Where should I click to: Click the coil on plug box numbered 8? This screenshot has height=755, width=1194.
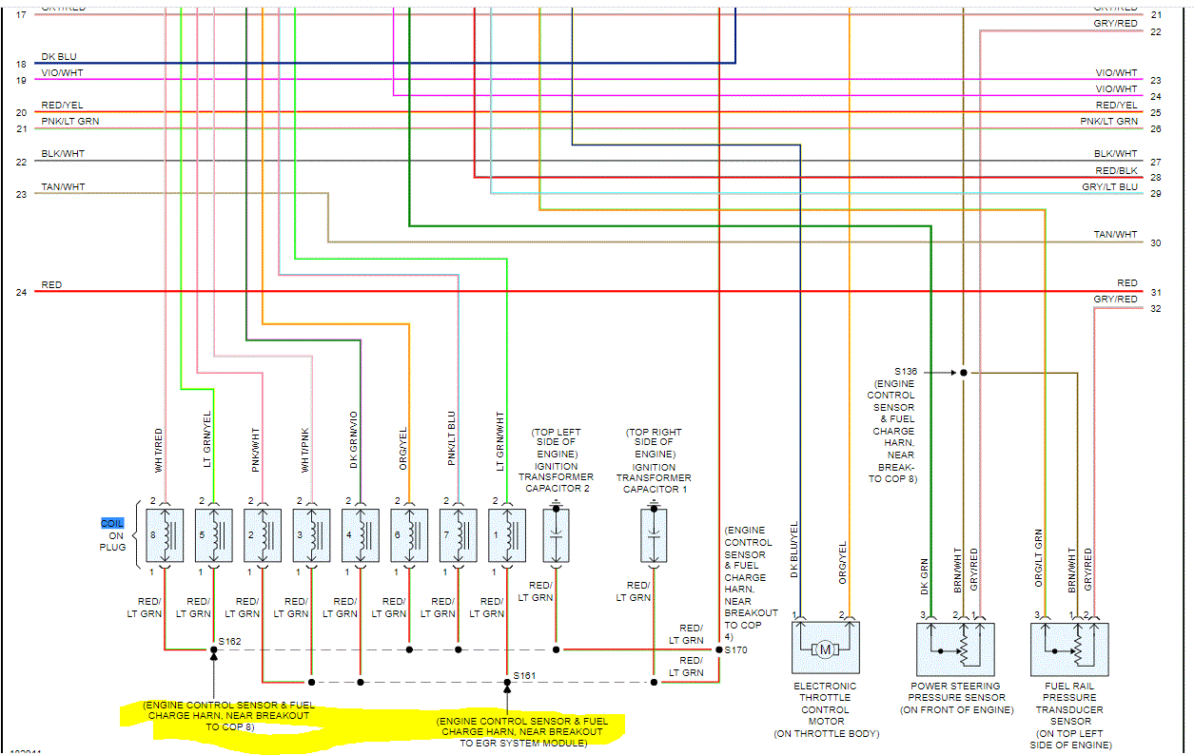point(165,535)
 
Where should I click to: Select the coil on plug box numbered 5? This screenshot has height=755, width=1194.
point(213,535)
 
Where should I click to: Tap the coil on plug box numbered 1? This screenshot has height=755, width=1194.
point(507,535)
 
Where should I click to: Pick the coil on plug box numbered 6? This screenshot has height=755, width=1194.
point(409,535)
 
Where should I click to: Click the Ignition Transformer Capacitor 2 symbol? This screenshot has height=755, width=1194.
point(557,535)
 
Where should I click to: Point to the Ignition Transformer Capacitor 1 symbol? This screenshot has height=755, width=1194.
point(654,535)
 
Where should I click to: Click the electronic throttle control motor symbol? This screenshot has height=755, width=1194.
point(825,649)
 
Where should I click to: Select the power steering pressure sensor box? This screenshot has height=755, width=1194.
point(955,649)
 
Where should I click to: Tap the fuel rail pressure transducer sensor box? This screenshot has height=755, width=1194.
point(1069,649)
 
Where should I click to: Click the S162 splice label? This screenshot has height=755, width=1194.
point(229,642)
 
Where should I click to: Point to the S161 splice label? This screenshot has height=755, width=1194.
point(524,675)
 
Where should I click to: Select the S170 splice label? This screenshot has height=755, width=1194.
point(735,650)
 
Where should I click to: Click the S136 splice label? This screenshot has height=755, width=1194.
point(907,372)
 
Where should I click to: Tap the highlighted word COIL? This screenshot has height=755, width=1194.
point(112,524)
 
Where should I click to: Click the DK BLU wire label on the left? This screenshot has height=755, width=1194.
point(60,57)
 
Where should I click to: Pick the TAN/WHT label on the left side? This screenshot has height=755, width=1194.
point(63,187)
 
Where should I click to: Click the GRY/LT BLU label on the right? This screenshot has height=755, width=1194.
point(1109,187)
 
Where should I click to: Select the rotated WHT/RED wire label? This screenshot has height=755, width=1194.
point(160,450)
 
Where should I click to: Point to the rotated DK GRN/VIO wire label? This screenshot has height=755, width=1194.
point(354,440)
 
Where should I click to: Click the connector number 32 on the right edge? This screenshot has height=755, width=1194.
point(1155,309)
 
